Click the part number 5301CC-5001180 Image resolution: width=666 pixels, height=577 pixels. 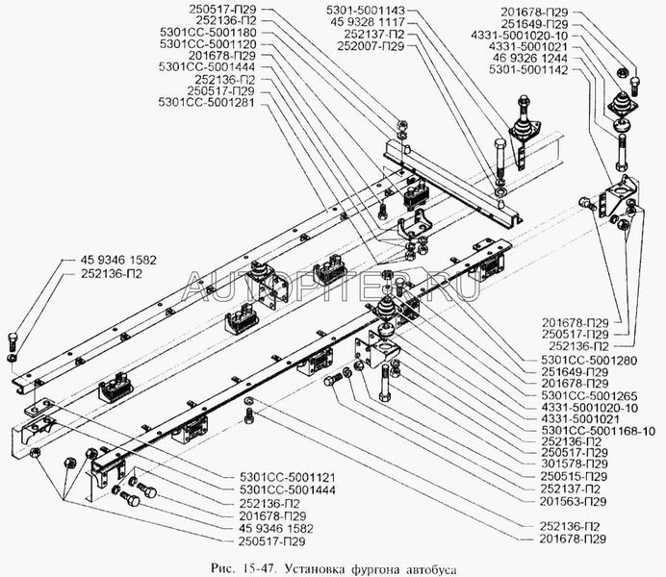(x=208, y=33)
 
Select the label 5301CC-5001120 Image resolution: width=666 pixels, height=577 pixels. (x=208, y=44)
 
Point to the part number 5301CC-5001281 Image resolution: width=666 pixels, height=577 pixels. (x=206, y=102)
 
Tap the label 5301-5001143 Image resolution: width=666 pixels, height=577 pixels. (x=366, y=11)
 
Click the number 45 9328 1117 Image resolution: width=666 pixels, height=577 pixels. (x=368, y=22)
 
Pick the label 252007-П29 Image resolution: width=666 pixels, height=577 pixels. (x=371, y=46)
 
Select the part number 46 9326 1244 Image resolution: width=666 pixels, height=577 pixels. (x=530, y=58)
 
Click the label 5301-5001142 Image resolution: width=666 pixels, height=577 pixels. (x=528, y=69)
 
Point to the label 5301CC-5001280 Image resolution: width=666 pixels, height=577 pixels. (x=589, y=361)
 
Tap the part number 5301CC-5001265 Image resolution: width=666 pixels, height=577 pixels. (x=589, y=396)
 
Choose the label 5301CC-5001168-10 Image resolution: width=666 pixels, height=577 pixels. (x=598, y=432)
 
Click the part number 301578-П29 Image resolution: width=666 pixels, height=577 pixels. (x=575, y=464)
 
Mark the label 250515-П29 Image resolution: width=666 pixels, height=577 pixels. (x=574, y=476)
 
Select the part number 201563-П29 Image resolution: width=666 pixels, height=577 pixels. (x=573, y=501)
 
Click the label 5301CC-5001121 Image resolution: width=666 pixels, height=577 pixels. (x=288, y=477)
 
